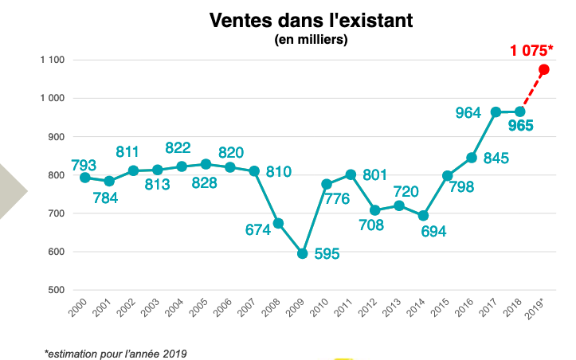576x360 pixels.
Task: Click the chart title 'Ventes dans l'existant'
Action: click(x=311, y=21)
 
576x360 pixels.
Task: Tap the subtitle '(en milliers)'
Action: click(x=311, y=40)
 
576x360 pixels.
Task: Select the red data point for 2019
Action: click(x=543, y=70)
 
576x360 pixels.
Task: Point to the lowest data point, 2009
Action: click(x=302, y=253)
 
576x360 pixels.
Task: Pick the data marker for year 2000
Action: click(x=84, y=177)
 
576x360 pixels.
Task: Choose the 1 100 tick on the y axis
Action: click(x=52, y=60)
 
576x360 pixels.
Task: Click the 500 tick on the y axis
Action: click(x=56, y=290)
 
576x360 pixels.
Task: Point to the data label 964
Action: click(x=468, y=113)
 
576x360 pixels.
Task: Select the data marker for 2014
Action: click(x=423, y=216)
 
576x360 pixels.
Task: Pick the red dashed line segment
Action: click(x=532, y=91)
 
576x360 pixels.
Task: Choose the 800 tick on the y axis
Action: click(x=56, y=175)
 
